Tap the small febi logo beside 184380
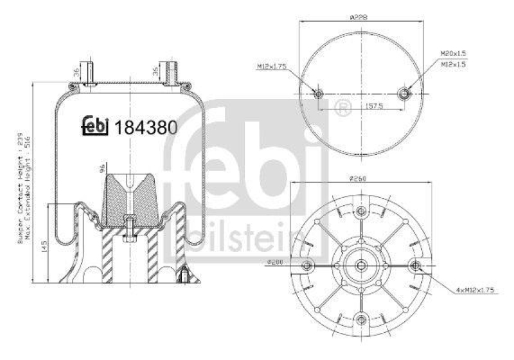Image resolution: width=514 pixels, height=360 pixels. pos(96,127)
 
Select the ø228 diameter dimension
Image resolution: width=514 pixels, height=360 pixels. pos(358,19)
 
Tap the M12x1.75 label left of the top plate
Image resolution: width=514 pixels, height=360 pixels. pos(271,66)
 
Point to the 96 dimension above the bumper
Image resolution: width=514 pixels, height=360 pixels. pos(101,170)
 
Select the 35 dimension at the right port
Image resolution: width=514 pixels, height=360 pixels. pos(156,71)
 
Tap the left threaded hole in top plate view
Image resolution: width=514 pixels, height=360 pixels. pos(319,94)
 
